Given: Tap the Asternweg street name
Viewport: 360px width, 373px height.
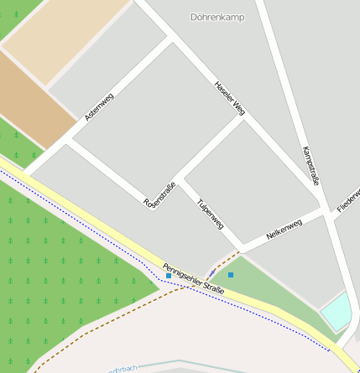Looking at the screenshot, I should [x=99, y=106].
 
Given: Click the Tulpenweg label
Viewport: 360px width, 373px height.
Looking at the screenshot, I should [x=209, y=214].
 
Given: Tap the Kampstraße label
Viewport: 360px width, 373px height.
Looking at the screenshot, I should [x=310, y=165].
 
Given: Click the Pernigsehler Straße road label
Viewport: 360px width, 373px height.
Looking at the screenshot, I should [x=194, y=278].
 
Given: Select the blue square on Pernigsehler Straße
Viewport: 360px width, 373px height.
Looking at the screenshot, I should [x=169, y=275].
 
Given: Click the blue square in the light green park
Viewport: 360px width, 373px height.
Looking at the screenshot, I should [x=231, y=274].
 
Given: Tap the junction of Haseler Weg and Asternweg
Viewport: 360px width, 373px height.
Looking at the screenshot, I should [x=171, y=39].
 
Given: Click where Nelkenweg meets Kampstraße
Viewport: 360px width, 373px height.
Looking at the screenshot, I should [x=324, y=210].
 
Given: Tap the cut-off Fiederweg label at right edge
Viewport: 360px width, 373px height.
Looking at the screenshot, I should [x=347, y=198].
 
